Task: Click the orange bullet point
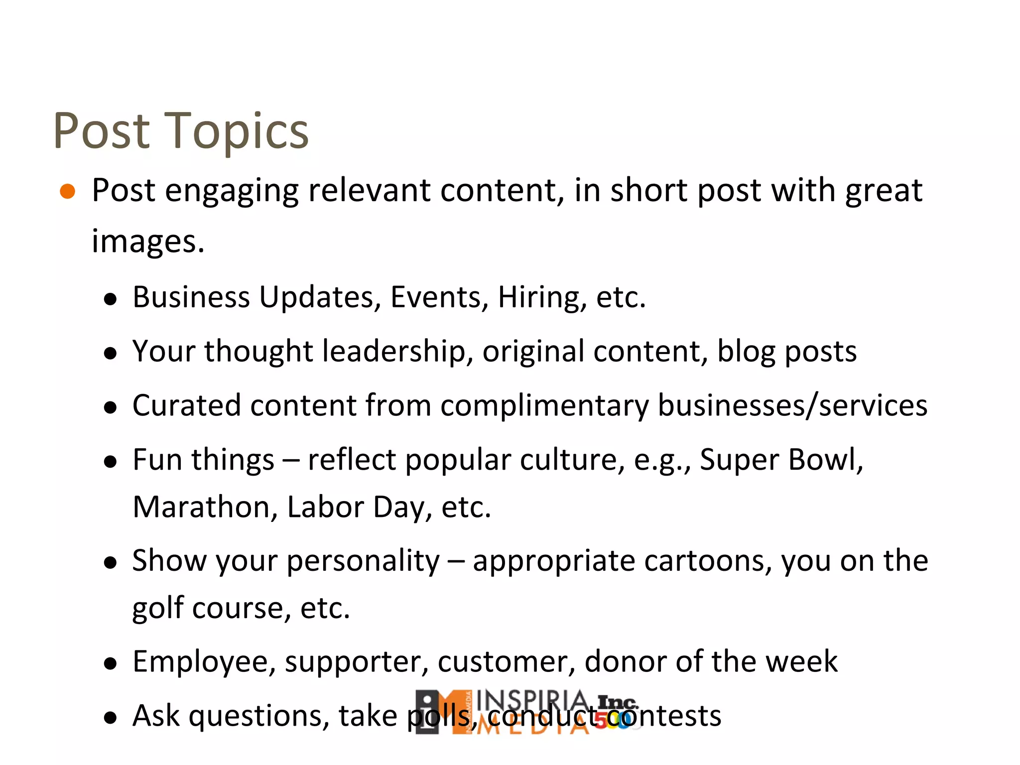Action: (67, 191)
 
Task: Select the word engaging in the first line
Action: (232, 191)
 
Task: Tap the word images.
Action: (148, 243)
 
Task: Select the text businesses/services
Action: (793, 405)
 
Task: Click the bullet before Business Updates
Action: (110, 299)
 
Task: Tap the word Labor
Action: (325, 508)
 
